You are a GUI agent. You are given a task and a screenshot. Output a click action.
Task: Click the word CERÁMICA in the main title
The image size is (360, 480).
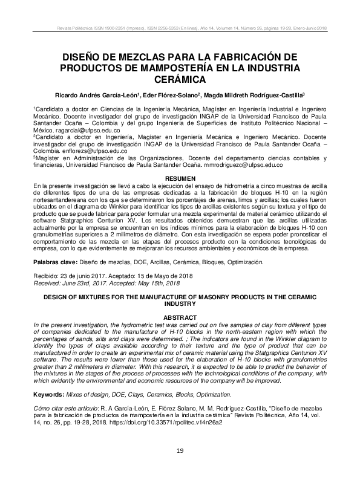coord(180,79)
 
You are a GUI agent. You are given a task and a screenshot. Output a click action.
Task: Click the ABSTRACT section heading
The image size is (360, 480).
coord(180,317)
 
